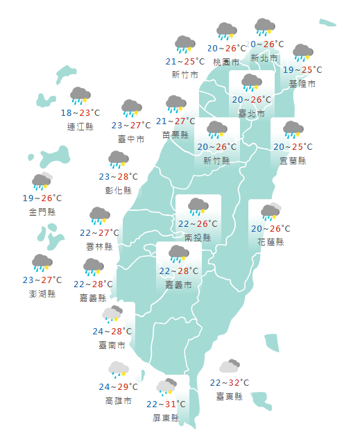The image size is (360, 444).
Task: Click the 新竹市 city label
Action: (x=185, y=74)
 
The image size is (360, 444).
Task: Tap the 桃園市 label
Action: (x=226, y=62)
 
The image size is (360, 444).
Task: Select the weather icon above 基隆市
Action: (x=302, y=53)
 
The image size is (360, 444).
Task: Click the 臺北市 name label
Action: (x=251, y=112)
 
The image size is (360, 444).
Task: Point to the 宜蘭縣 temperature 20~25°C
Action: (x=293, y=146)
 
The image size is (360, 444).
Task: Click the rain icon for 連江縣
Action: (x=80, y=96)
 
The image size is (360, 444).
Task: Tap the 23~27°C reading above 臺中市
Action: (x=131, y=126)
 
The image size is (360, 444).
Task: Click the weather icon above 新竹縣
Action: (x=216, y=130)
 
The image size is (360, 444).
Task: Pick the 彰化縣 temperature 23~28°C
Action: (x=119, y=177)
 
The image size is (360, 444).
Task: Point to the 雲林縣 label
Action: (x=100, y=246)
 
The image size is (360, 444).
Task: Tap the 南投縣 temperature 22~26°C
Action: (x=198, y=224)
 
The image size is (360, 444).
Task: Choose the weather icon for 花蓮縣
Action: (x=270, y=211)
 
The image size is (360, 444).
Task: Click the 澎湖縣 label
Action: (x=42, y=293)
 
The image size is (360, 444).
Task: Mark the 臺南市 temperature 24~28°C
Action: (x=111, y=331)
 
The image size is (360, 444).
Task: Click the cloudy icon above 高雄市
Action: (x=117, y=368)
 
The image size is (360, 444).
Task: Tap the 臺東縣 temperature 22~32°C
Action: (x=230, y=382)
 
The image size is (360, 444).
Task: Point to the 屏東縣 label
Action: (x=166, y=418)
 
